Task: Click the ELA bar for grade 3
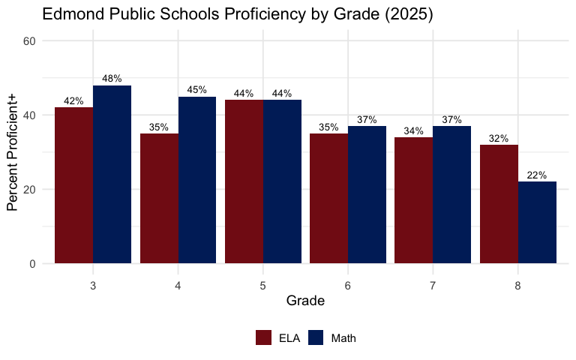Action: pos(73,185)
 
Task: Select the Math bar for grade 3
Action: pos(112,174)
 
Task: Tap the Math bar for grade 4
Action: pos(197,180)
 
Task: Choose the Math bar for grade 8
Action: pos(537,222)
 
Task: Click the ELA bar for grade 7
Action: pos(414,200)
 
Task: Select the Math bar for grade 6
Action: pos(367,194)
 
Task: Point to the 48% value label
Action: pos(112,79)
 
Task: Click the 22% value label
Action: pos(537,175)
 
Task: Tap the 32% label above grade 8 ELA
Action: pos(499,139)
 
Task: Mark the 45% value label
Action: pos(197,90)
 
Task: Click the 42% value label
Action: pos(73,101)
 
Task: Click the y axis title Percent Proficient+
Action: pos(13,152)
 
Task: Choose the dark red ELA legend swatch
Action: pos(264,338)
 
